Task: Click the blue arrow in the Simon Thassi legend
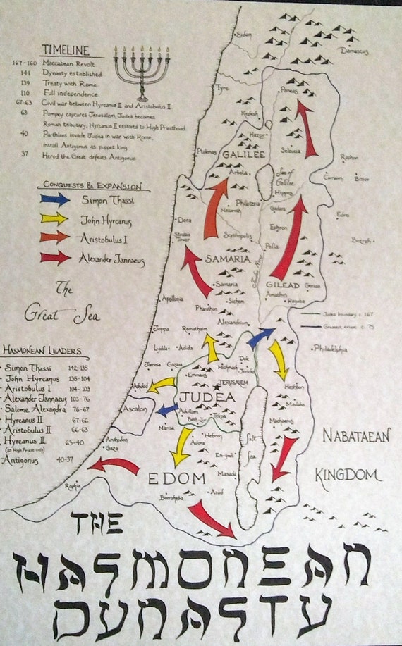click(x=56, y=199)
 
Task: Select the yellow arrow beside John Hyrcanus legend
click(x=56, y=219)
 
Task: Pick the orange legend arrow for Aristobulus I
click(x=56, y=238)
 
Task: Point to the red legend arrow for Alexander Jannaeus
click(x=56, y=257)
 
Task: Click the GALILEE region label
click(x=242, y=154)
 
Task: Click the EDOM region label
click(x=175, y=478)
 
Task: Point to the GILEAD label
click(x=283, y=285)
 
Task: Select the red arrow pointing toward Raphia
click(x=114, y=466)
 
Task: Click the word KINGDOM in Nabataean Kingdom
click(x=348, y=474)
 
